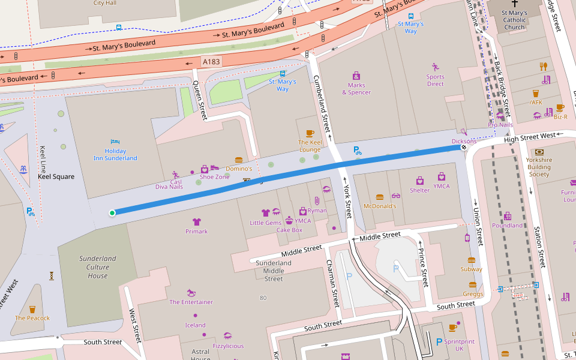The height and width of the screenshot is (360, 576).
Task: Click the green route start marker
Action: [112, 212]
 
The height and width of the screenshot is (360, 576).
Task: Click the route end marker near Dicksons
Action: [464, 147]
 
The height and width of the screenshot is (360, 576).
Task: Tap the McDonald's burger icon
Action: [379, 197]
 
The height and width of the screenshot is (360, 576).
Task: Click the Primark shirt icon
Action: [196, 222]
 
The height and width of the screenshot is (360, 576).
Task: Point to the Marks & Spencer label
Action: [356, 89]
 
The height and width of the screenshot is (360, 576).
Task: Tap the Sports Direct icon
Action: [436, 67]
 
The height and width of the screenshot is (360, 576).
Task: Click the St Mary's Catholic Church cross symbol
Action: [514, 3]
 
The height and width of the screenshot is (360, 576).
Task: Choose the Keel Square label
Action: [56, 177]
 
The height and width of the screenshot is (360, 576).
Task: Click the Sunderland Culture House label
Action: [98, 267]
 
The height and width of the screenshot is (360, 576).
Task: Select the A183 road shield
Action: [211, 61]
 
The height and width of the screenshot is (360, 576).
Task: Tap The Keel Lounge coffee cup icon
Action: [310, 133]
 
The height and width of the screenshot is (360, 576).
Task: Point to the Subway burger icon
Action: [471, 260]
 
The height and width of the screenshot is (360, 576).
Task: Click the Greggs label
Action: [473, 294]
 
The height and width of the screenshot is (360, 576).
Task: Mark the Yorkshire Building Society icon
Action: [539, 152]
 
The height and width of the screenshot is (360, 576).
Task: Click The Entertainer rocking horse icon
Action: [191, 293]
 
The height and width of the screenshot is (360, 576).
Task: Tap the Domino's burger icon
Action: [239, 160]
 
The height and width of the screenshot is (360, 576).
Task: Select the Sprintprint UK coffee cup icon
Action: [453, 328]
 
